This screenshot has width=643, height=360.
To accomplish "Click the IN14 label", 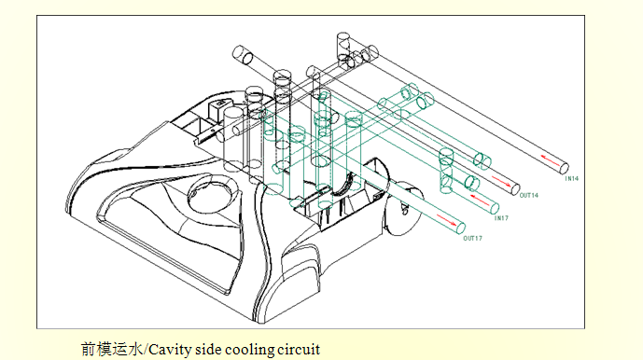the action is pos(572,179).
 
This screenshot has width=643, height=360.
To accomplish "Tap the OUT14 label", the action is pos(528,196).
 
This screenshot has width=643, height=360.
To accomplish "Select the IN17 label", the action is pos(501,218).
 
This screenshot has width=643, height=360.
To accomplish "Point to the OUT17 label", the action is pos(473,238).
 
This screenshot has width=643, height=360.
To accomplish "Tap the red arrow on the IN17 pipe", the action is pos(480,201).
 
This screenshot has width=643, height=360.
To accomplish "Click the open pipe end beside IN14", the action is pos(565,168).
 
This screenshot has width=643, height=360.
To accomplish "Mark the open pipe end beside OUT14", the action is pos(515,188).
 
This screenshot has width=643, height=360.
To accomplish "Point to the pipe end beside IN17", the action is pos(495,208).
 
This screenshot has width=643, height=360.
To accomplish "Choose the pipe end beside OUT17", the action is pos(461,228).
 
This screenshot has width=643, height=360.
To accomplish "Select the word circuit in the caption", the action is pos(299,350).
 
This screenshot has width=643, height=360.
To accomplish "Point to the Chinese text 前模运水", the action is pos(112,350).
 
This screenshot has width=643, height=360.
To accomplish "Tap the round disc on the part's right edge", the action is pos(404,208).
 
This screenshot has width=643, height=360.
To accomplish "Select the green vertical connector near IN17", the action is pos(446,171).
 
